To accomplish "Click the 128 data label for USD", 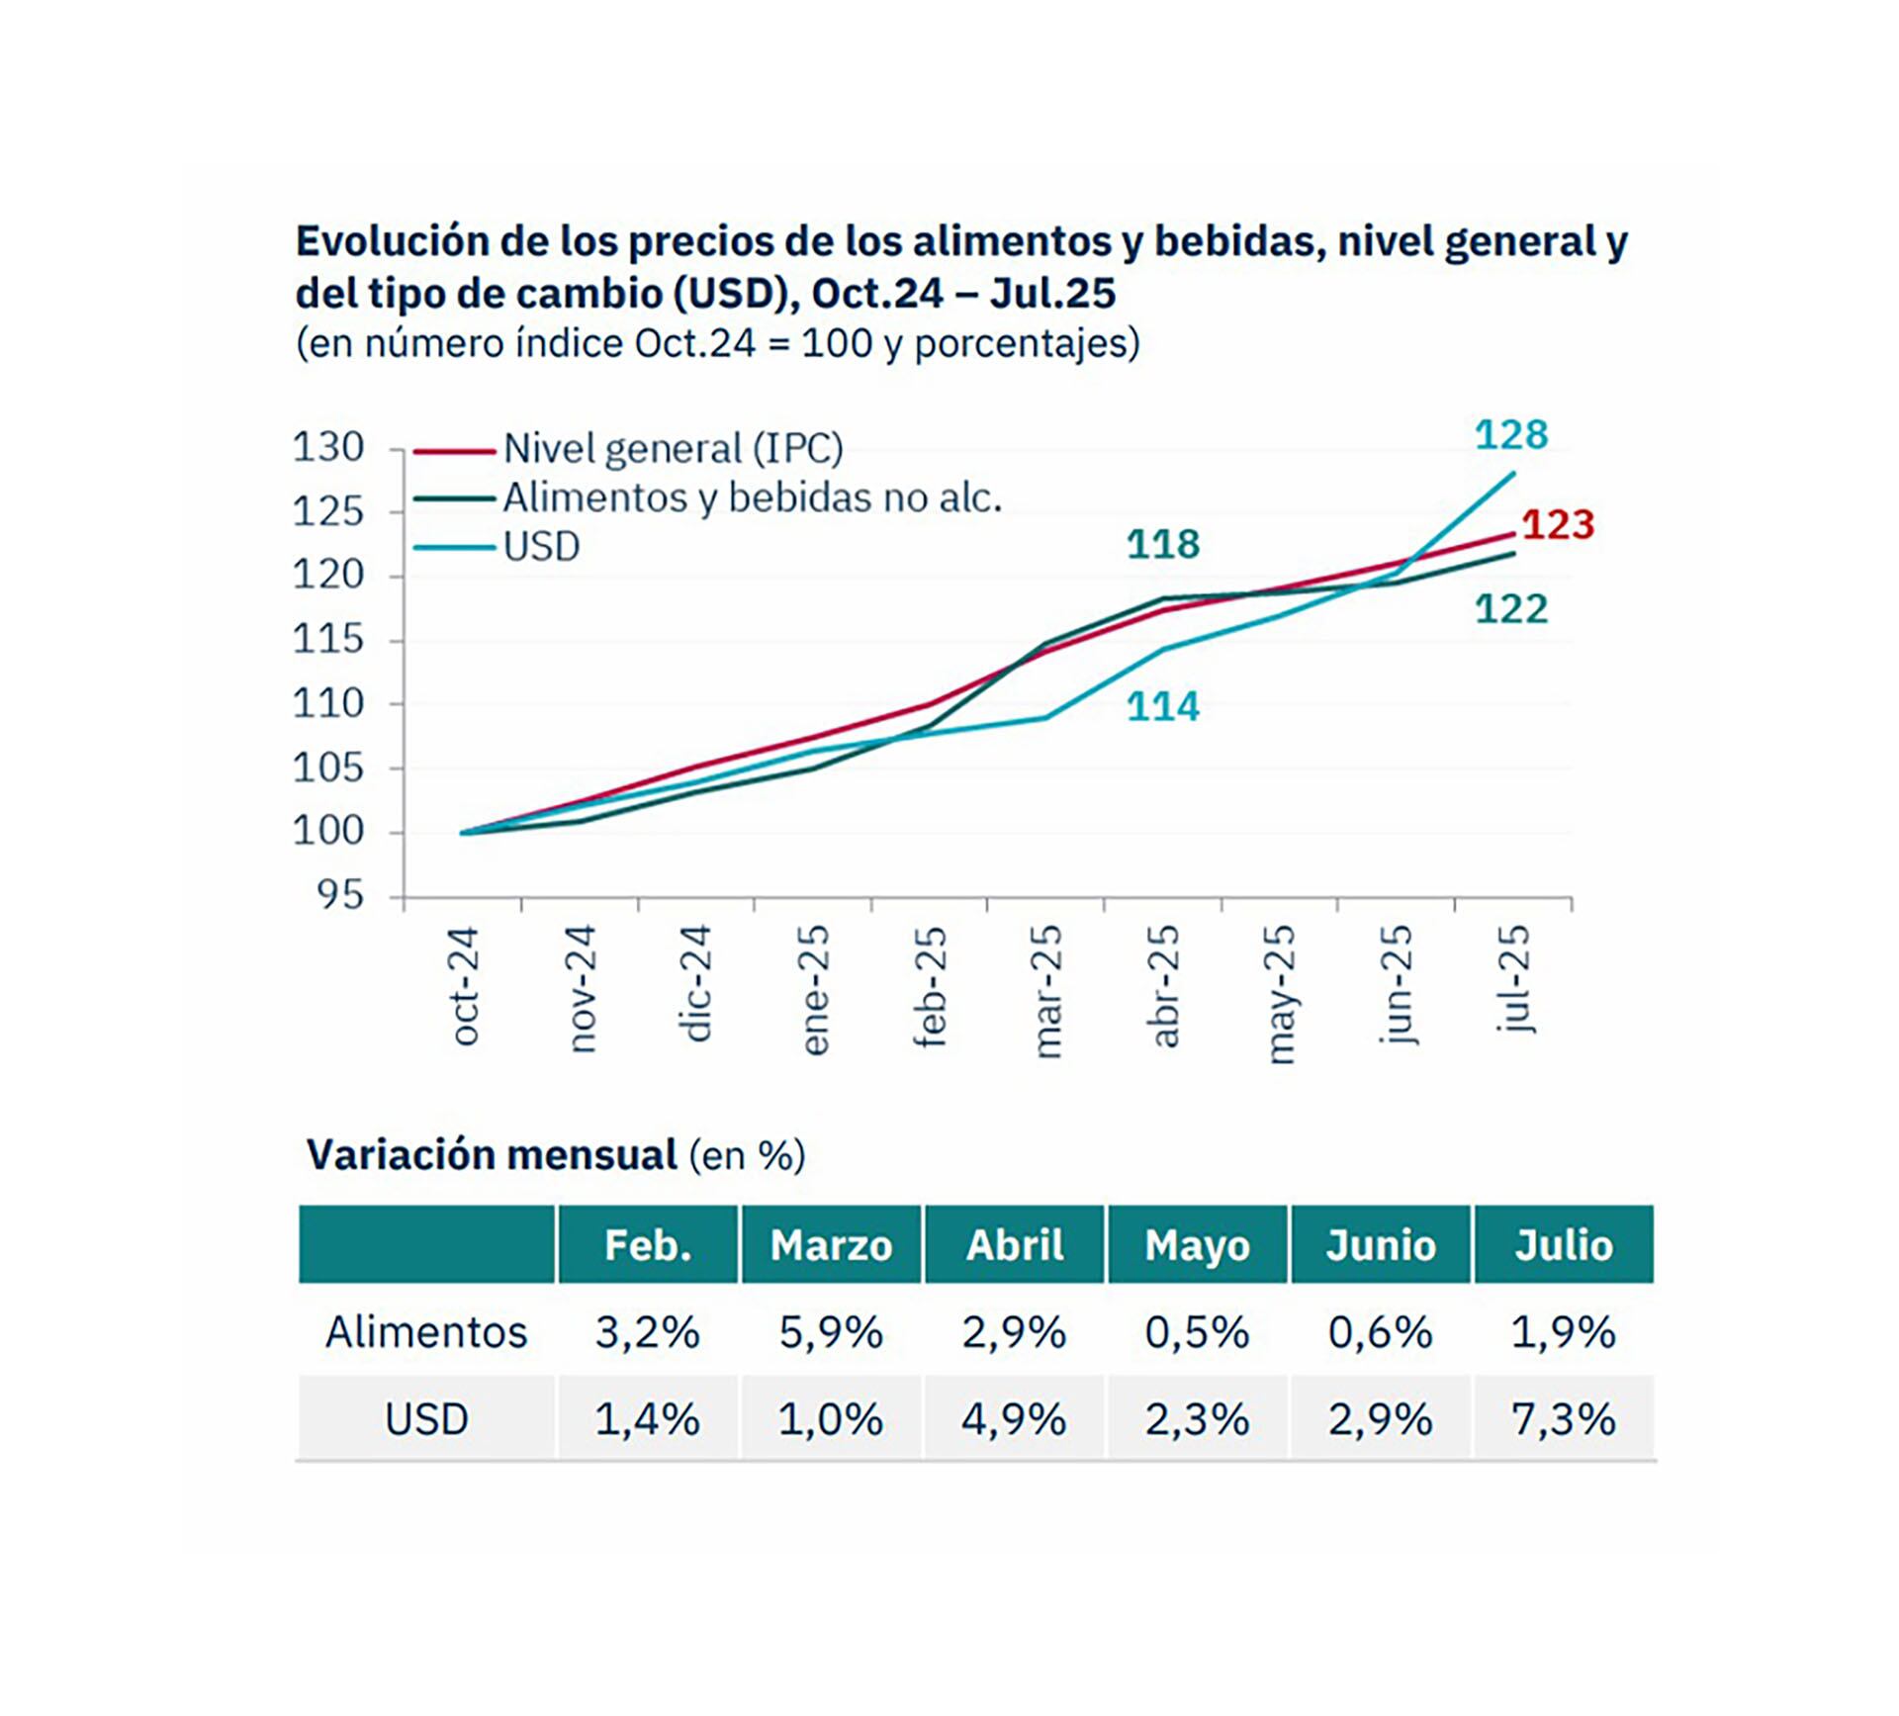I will (x=1510, y=435).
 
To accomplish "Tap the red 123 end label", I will (x=1558, y=525).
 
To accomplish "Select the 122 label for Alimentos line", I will (x=1510, y=609).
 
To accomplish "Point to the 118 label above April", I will (x=1163, y=544).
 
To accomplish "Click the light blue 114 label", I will (x=1163, y=707).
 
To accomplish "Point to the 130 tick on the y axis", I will (x=328, y=448).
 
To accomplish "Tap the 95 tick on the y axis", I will (x=340, y=896).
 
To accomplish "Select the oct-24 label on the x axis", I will (x=465, y=985).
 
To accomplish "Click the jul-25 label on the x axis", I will (x=1514, y=979).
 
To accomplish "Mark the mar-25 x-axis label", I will (x=1046, y=991).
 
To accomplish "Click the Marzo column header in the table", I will (x=831, y=1245).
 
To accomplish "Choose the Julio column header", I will (x=1564, y=1245).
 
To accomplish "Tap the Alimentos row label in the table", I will (x=426, y=1332).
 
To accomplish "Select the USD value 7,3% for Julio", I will (x=1564, y=1420).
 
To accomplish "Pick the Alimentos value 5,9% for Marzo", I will (x=831, y=1332).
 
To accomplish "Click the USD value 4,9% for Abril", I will (x=1014, y=1420).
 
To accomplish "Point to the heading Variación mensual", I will (x=493, y=1155).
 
